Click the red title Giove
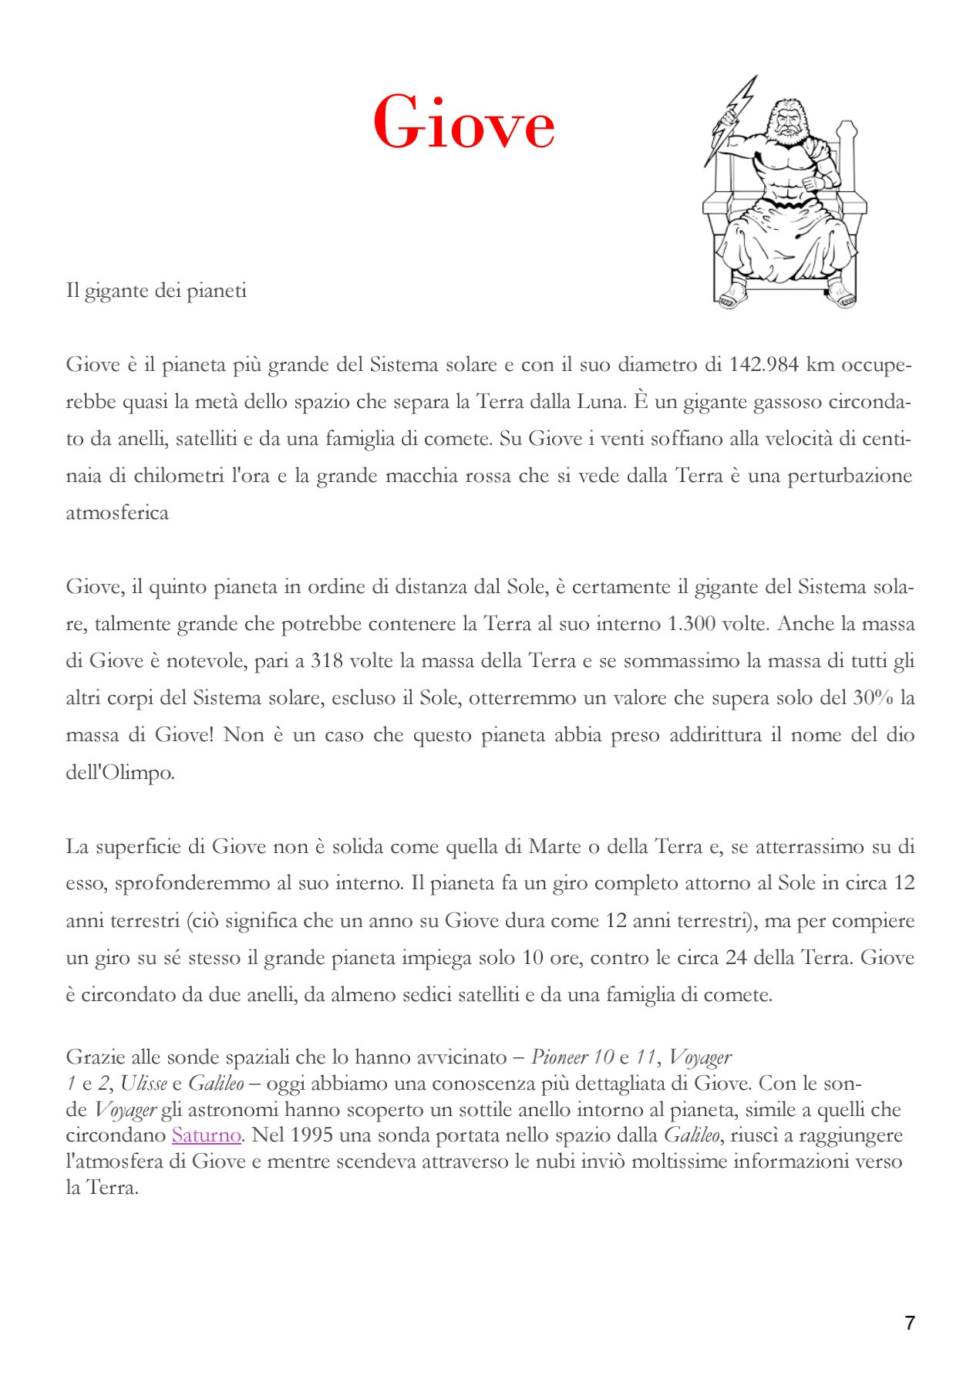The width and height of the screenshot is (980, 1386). pos(463,123)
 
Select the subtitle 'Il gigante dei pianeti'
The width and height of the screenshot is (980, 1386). pos(157,291)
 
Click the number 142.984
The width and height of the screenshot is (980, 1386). pos(763,364)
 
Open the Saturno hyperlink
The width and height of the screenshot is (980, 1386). pos(206,1135)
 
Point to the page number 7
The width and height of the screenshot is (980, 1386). pos(910,1323)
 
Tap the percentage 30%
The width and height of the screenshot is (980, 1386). pos(873,697)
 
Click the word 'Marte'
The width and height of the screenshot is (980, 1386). pos(554,846)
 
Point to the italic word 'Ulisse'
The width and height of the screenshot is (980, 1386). pos(143,1084)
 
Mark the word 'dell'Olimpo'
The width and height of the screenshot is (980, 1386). pos(120,772)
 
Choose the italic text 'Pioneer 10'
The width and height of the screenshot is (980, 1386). pos(572,1057)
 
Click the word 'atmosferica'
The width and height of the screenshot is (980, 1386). pos(117,513)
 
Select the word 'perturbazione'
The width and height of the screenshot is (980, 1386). pos(850,475)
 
